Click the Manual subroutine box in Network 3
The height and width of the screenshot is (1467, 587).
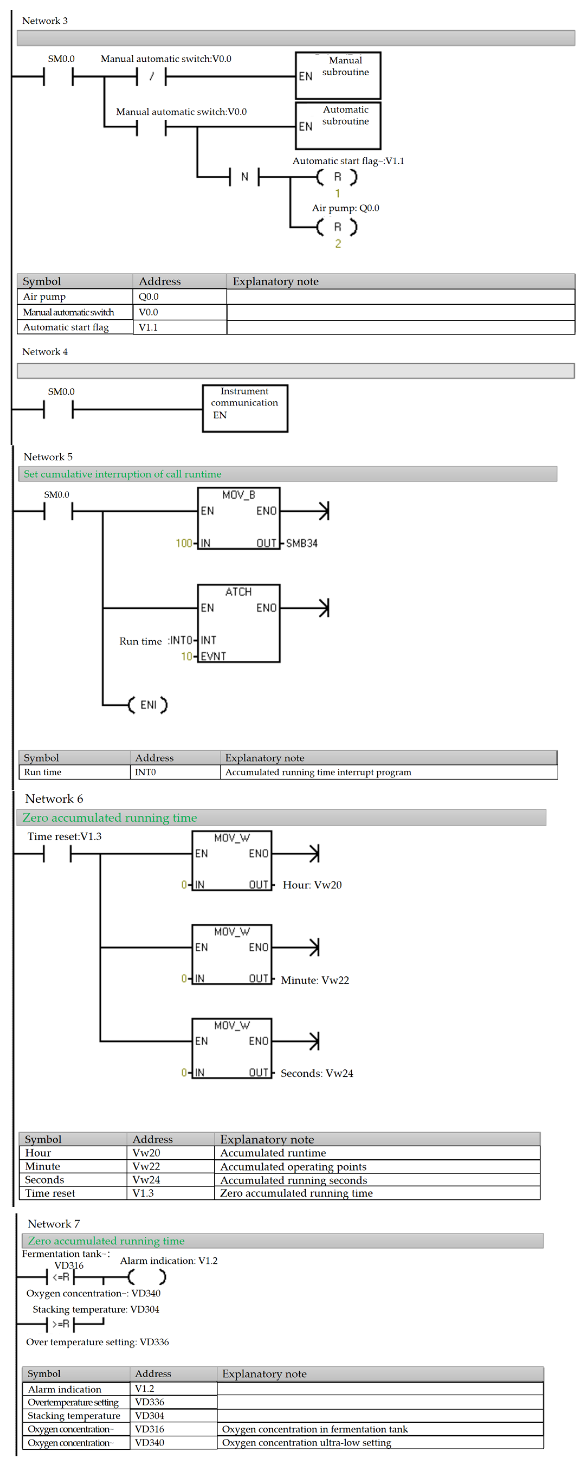tap(338, 75)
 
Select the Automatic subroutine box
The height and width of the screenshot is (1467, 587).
tap(338, 125)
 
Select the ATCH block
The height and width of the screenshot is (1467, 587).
tap(239, 623)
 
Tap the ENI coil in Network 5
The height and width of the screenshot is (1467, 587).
tap(148, 705)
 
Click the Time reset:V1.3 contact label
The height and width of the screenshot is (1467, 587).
tap(64, 836)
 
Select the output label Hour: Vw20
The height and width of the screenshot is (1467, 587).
tap(312, 884)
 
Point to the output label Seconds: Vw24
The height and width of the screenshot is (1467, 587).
tap(317, 1073)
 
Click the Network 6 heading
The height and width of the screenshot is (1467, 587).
tap(54, 798)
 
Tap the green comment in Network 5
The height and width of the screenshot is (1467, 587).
tap(122, 474)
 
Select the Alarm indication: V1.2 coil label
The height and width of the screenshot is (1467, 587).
tap(168, 1260)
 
